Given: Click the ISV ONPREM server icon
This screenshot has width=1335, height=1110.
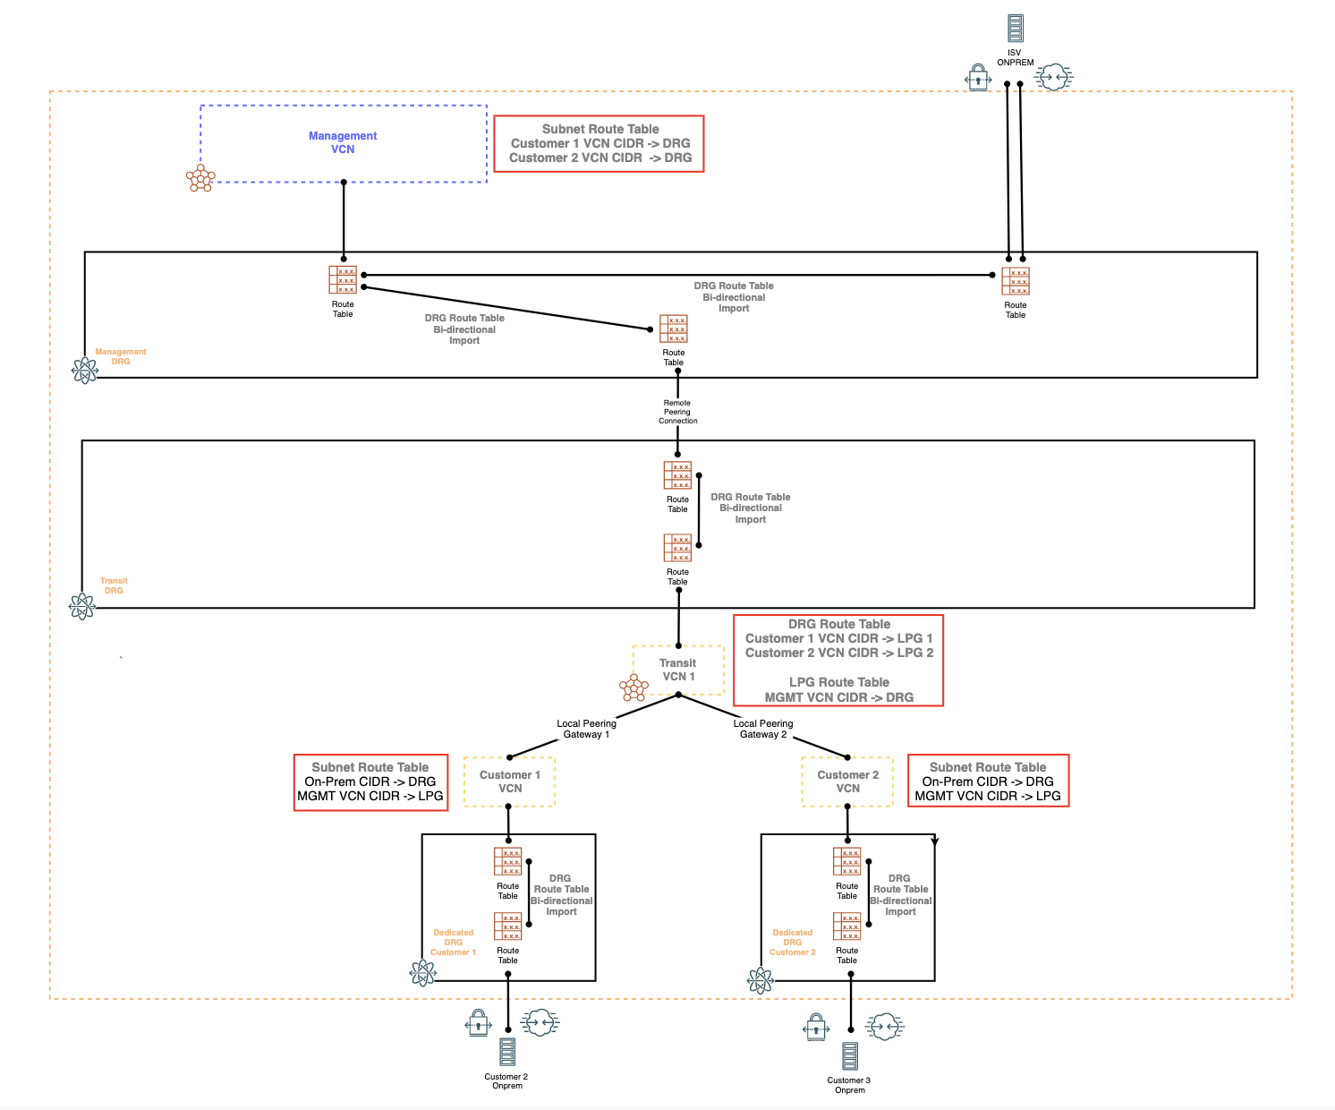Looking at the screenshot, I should pos(1015,29).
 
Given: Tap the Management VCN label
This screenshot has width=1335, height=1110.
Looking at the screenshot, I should pos(343,142).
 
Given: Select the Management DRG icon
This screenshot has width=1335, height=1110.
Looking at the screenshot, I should pos(84,371).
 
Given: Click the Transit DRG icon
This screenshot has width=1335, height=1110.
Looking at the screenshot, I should pos(82,607).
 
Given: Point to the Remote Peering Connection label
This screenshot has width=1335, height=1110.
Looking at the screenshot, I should pos(677,412).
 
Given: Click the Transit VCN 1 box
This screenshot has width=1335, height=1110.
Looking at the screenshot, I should pos(678,670).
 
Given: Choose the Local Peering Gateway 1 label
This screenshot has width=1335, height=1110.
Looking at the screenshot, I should pos(586,729).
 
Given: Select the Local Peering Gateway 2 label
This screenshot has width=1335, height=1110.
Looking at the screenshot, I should pos(763,729).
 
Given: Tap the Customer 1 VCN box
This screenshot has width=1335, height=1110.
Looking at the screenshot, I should pos(510,781).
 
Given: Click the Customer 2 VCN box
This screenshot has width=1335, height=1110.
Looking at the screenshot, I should pos(847,781).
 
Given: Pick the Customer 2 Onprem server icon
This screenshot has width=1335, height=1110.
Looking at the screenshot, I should pos(507,1052).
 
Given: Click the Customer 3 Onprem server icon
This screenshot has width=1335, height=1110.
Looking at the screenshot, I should pos(850,1056).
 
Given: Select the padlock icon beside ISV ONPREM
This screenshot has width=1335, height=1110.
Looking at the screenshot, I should pos(978,79).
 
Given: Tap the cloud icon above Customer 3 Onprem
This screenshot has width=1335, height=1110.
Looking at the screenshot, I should pos(884,1027).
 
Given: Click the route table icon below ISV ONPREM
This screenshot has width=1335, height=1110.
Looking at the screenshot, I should pos(1016,281).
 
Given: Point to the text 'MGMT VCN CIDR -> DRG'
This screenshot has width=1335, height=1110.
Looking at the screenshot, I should pos(838,697).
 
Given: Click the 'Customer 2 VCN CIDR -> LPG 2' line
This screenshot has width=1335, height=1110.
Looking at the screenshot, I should pos(838,653).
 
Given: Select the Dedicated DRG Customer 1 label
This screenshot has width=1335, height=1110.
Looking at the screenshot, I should pos(453,943).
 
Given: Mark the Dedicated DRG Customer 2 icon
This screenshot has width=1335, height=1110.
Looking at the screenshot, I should pos(760,981).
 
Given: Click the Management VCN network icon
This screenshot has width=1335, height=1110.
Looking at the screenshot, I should pos(200,178).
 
